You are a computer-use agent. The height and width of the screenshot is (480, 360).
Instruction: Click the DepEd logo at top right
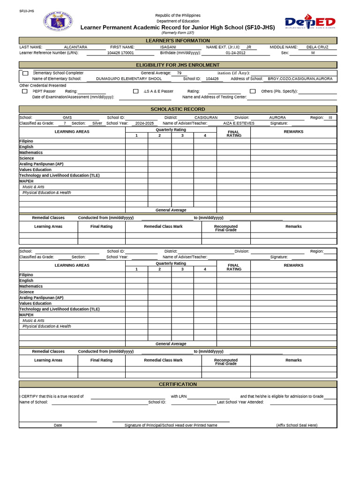point(310,22)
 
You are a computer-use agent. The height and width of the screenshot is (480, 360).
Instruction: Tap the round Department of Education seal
point(58,22)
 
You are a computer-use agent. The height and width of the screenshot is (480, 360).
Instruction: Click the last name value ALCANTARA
point(75,47)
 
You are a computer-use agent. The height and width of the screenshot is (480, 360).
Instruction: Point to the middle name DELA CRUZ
point(317,47)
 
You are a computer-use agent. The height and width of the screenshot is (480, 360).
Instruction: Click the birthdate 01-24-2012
point(235,53)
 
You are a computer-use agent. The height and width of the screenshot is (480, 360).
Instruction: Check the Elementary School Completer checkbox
point(25,73)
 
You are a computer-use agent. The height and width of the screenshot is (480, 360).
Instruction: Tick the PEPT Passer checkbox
point(25,91)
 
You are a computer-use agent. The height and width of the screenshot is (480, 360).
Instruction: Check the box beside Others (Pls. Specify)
point(253,91)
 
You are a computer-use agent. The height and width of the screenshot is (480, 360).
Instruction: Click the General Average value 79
point(179,73)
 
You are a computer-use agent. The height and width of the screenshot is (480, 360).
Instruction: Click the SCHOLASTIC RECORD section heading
point(178,109)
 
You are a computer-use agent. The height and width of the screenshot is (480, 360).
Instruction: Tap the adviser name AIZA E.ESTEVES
point(239,123)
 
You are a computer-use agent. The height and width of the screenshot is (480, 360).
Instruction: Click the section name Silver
point(97,123)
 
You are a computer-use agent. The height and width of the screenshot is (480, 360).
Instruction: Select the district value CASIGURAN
point(206,118)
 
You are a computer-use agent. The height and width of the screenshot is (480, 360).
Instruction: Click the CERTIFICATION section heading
point(178,384)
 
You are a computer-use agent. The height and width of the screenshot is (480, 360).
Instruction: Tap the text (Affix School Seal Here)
point(297,425)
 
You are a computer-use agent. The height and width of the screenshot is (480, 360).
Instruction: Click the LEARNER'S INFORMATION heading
point(178,41)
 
